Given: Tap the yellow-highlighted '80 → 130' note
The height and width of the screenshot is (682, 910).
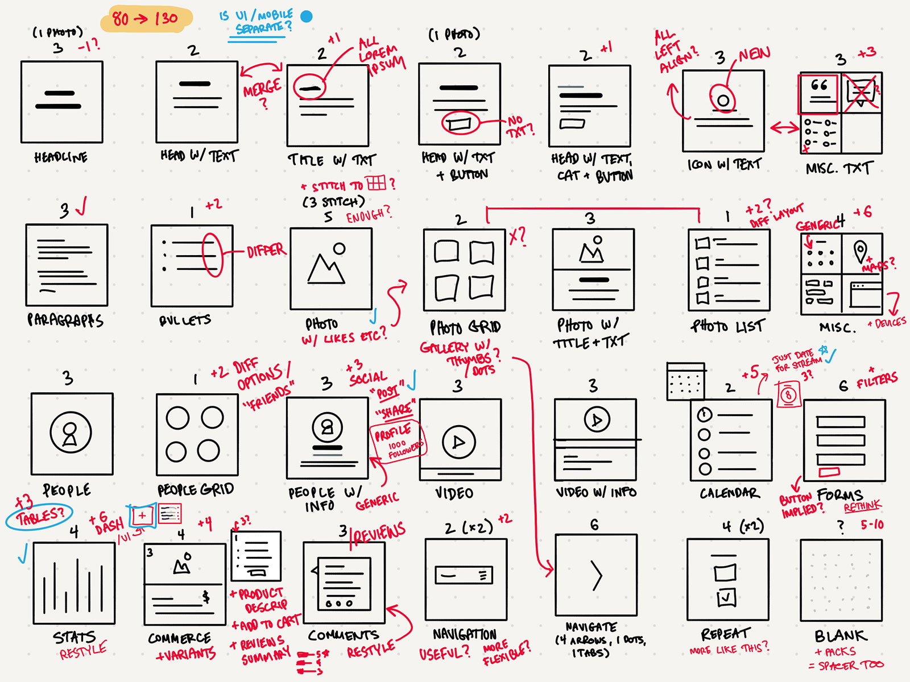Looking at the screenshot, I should click(x=146, y=19).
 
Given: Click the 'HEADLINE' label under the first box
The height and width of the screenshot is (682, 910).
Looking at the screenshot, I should click(x=61, y=157).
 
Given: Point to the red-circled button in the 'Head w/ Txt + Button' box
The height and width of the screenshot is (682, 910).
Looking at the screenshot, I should click(x=460, y=122).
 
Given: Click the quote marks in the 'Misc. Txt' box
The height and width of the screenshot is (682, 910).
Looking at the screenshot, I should click(x=819, y=85).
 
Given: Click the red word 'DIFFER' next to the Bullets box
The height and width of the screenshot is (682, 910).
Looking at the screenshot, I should click(x=266, y=251).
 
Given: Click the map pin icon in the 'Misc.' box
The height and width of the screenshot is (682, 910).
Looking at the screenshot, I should click(x=861, y=251).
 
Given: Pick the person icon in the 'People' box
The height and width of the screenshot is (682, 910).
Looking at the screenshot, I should click(x=71, y=433).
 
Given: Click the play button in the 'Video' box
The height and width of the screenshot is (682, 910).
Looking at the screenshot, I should click(x=458, y=442).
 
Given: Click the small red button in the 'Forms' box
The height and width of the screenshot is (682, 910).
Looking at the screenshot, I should click(x=829, y=472).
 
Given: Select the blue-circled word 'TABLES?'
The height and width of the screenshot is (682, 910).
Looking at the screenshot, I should click(x=40, y=517).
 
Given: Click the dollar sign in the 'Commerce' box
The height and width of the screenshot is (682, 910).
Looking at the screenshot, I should click(x=206, y=596).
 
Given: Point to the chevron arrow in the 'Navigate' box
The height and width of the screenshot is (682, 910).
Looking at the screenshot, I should click(x=596, y=576).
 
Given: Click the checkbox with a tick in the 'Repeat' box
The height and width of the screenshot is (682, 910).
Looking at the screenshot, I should click(x=726, y=597).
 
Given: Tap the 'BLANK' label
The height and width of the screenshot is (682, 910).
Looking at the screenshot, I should click(x=841, y=635).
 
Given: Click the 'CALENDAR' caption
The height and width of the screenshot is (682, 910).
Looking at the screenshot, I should click(x=729, y=493).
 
